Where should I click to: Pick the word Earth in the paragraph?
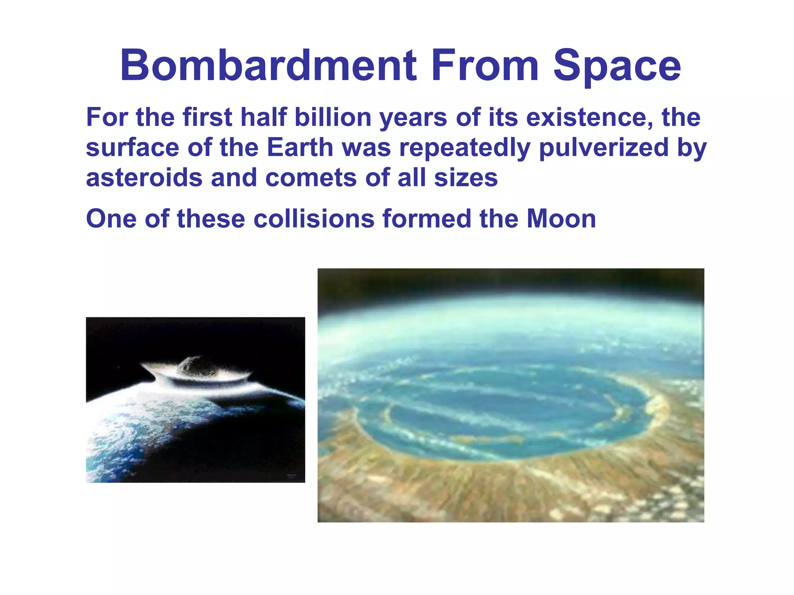click(x=300, y=148)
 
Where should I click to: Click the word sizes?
click(x=466, y=178)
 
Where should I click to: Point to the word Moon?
click(x=561, y=218)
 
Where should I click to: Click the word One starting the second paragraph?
click(x=111, y=218)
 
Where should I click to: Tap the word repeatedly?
click(x=464, y=148)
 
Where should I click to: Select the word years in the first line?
click(x=413, y=118)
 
